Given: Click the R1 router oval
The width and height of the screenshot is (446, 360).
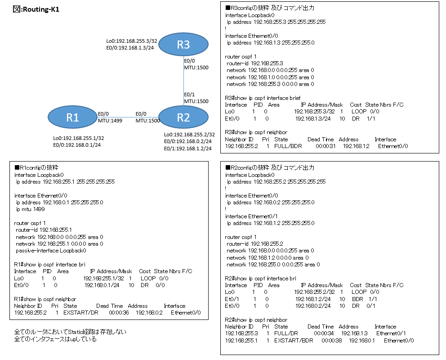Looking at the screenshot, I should (72, 117).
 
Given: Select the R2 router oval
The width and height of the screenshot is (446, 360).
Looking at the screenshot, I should (183, 117).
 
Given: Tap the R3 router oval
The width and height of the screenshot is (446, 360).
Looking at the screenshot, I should (183, 44).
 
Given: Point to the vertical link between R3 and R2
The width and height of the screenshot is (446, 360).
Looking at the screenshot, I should (183, 81).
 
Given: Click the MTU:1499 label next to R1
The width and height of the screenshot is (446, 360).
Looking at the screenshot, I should (109, 121).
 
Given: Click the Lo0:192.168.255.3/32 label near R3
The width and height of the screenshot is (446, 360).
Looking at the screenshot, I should (130, 40).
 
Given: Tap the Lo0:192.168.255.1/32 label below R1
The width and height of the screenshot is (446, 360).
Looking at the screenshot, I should (78, 138).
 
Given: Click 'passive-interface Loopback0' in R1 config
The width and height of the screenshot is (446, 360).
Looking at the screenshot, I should (51, 251).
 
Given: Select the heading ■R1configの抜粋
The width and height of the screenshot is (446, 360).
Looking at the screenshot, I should (37, 167).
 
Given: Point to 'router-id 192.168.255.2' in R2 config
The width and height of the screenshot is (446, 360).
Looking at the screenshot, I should (254, 244).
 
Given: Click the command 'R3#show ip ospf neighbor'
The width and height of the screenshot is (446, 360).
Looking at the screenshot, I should (255, 133).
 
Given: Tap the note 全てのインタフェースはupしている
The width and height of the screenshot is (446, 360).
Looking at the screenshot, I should (55, 339).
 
